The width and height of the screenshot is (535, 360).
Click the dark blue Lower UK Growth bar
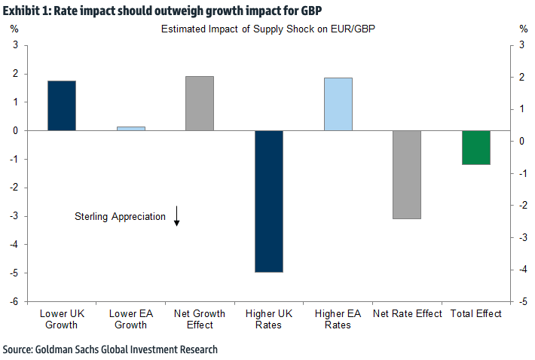pos(62,105)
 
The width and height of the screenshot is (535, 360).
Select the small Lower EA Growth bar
pos(131,129)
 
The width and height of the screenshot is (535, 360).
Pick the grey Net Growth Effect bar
pos(200,103)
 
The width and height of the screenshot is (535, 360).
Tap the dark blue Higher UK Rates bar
pos(269,201)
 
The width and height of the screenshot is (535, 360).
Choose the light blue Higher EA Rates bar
pos(338,104)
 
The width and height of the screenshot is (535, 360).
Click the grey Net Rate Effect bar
pos(407,175)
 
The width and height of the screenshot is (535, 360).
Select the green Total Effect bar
pos(476,148)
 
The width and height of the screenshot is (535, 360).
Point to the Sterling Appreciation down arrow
pos(176,216)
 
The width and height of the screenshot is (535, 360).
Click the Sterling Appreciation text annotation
pos(120,217)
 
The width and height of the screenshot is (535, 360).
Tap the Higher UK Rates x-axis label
pos(269,319)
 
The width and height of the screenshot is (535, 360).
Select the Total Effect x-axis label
pos(476,314)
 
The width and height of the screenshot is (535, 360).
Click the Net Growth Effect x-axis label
pos(200,319)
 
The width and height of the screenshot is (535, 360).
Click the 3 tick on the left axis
pos(15,45)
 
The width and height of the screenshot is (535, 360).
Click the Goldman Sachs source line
pos(110,350)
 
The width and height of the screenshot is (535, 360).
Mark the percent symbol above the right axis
pos(523,29)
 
